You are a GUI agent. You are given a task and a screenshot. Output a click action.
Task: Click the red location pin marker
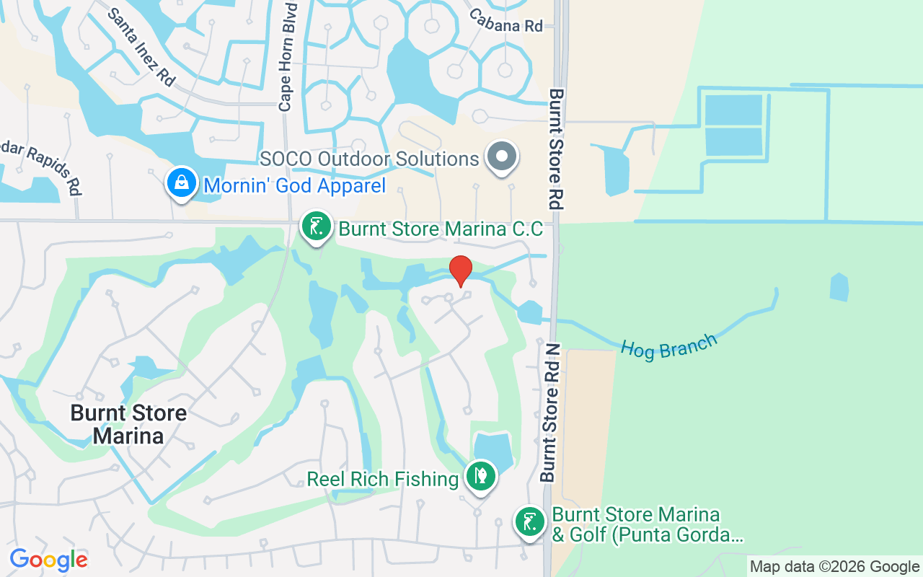point(461,270)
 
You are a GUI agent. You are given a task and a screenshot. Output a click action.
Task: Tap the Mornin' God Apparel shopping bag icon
point(183,183)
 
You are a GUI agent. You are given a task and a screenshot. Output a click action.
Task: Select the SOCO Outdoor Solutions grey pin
point(503,157)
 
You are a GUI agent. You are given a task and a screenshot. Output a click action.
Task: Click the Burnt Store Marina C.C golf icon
point(316,226)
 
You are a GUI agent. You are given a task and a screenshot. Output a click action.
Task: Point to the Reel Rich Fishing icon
point(480,476)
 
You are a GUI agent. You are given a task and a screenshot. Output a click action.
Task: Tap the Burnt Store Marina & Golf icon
point(530,521)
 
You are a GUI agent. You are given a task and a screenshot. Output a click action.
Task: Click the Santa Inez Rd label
point(141,47)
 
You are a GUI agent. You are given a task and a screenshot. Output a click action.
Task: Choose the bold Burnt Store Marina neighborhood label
point(128,424)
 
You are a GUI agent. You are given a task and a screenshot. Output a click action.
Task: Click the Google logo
point(48,560)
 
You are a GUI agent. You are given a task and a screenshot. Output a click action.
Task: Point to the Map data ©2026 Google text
point(834,567)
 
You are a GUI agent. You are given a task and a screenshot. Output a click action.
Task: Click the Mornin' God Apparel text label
point(295,185)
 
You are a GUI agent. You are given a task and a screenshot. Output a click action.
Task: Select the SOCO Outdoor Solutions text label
point(369,159)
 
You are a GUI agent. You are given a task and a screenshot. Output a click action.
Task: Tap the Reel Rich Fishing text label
point(383,479)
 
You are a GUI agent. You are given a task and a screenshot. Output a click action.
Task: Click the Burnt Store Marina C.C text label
point(441,229)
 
